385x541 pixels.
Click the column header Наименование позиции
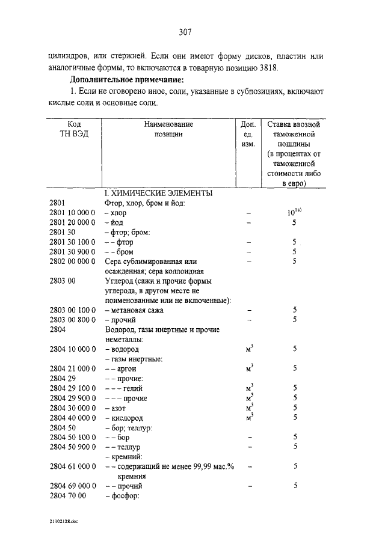coord(168,129)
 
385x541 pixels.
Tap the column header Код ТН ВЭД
coord(75,129)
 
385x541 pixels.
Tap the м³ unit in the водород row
coord(249,348)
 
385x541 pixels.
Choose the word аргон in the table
coord(128,368)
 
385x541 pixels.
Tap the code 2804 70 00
coord(70,495)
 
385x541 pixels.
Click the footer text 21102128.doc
coord(63,522)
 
